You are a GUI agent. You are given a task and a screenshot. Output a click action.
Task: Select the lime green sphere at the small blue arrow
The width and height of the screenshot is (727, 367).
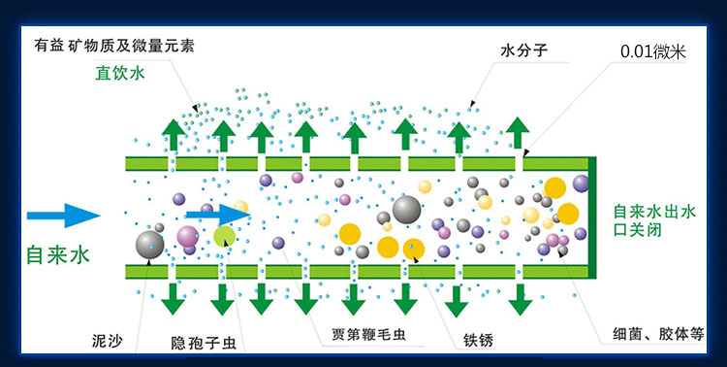pos(225,235)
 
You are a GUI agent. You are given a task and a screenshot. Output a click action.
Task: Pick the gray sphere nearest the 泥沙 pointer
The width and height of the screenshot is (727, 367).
pos(150,244)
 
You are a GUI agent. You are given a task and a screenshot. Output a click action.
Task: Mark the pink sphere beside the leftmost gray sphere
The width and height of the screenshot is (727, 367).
pos(187,236)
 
